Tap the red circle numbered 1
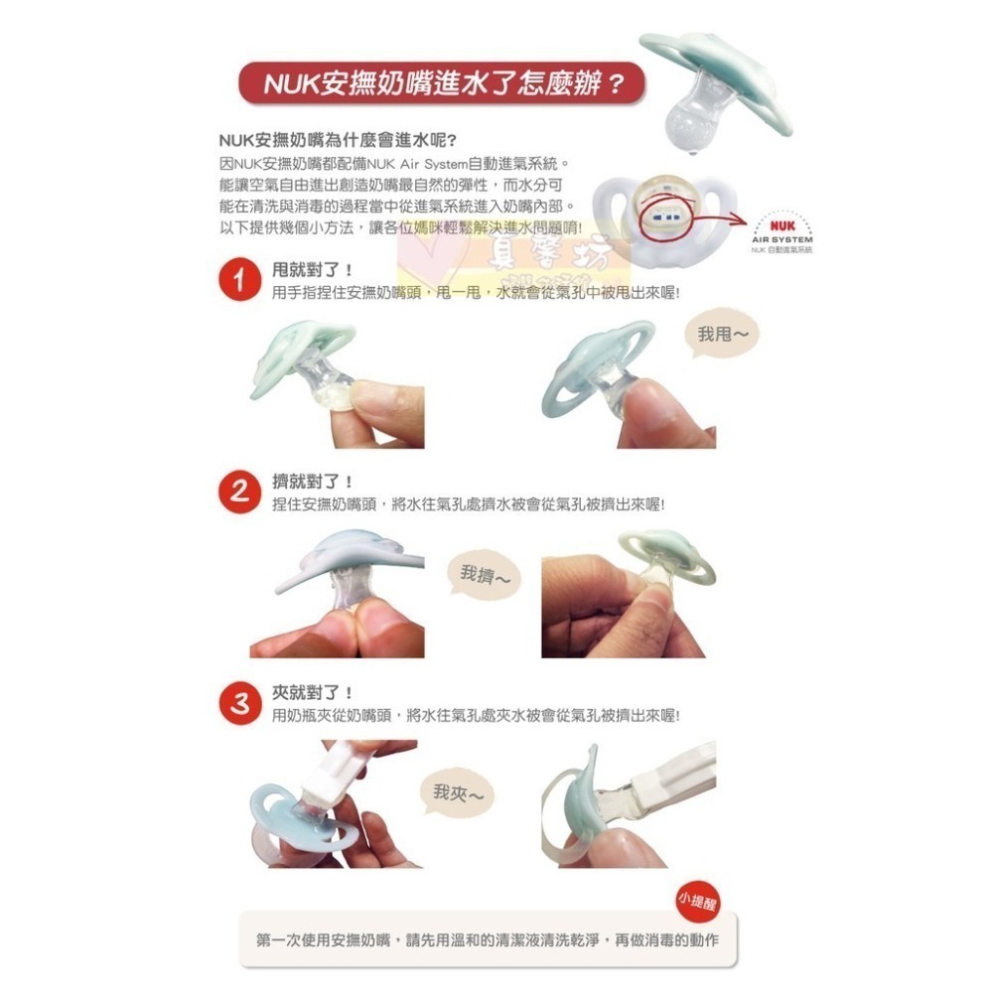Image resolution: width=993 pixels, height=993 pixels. click(x=238, y=281)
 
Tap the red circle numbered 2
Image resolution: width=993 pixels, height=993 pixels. click(x=238, y=493)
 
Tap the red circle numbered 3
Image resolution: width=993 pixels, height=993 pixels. click(x=238, y=703)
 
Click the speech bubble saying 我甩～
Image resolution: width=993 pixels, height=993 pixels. click(x=722, y=336)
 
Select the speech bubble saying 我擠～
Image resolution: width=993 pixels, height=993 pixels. click(x=486, y=575)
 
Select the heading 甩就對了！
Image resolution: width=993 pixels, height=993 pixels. click(x=313, y=270)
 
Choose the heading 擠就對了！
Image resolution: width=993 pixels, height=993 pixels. click(x=313, y=482)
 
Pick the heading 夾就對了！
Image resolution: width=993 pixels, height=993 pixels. click(x=313, y=692)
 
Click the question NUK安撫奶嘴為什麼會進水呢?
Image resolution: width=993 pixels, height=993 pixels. click(x=338, y=140)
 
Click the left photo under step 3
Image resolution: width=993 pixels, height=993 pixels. click(x=333, y=804)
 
